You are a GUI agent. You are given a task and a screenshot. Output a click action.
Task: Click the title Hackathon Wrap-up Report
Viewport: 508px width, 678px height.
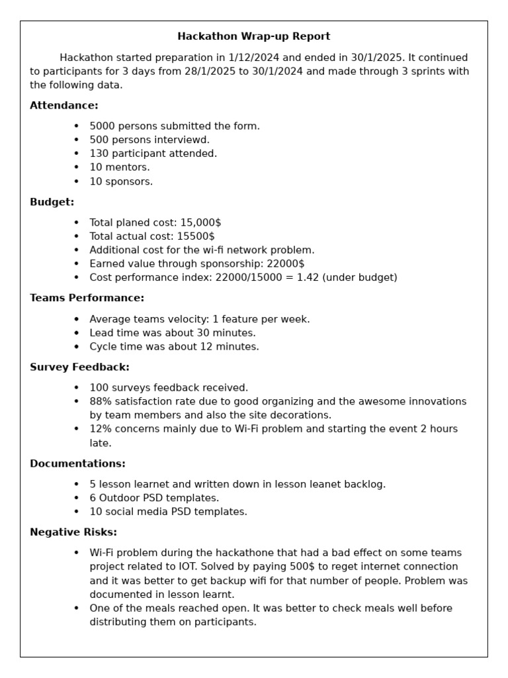coord(254,36)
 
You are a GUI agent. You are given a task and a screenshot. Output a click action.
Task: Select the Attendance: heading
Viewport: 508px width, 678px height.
coord(64,105)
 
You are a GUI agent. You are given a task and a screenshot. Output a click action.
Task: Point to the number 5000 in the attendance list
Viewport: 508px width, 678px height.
coord(103,126)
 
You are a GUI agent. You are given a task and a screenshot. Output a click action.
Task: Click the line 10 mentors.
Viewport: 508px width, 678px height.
coord(120,168)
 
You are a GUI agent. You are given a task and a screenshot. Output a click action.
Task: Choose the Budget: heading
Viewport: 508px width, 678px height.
coord(52,202)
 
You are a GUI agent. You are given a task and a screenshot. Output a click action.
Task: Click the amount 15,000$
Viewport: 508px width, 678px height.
coord(200,222)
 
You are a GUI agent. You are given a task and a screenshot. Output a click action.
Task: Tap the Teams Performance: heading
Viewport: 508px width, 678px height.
coord(87,298)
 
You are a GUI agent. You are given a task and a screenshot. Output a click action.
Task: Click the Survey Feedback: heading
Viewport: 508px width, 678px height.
coord(79,367)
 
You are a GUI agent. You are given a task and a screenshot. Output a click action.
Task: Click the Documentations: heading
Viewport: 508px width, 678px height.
coord(77,463)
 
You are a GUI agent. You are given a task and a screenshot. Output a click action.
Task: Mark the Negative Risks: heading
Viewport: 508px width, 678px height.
coord(73,532)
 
